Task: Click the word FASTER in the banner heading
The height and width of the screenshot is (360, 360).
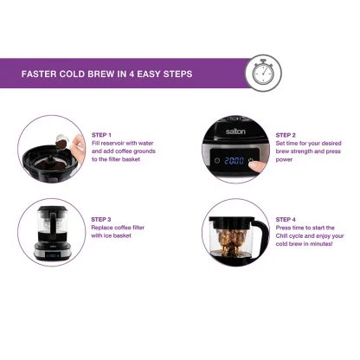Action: pos(42,74)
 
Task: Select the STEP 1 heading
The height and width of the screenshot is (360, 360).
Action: pos(101,136)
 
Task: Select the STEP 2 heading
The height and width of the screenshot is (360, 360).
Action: pos(287,136)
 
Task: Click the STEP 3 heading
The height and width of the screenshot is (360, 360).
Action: pos(101,220)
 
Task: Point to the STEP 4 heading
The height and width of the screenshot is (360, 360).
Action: pos(287,220)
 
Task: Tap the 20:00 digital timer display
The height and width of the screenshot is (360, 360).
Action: pos(233,161)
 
